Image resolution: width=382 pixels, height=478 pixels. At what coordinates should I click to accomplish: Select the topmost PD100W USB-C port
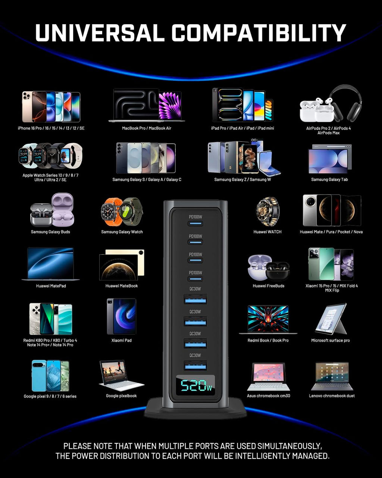(195, 224)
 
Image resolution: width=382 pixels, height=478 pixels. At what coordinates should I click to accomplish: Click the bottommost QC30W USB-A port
(195, 366)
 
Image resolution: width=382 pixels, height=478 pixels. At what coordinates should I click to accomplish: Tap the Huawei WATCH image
(267, 211)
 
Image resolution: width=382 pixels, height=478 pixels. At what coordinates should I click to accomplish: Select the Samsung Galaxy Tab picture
(330, 159)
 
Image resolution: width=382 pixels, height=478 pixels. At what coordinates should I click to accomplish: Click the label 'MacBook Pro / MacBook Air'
(147, 128)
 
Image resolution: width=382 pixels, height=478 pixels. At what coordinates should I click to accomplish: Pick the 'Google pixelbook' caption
(121, 396)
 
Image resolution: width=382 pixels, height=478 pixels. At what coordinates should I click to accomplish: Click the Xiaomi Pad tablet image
(121, 316)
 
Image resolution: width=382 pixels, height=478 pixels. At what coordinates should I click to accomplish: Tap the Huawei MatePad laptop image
(50, 264)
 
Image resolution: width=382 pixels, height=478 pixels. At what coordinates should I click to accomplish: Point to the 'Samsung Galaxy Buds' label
(50, 232)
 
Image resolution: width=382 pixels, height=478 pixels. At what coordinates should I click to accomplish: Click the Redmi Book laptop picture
(268, 320)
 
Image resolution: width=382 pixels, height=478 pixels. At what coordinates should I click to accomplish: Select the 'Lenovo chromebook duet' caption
(332, 396)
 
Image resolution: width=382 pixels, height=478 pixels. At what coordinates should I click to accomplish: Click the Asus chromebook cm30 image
(268, 377)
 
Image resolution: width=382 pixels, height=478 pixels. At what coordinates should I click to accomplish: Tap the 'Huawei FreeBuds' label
(269, 286)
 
